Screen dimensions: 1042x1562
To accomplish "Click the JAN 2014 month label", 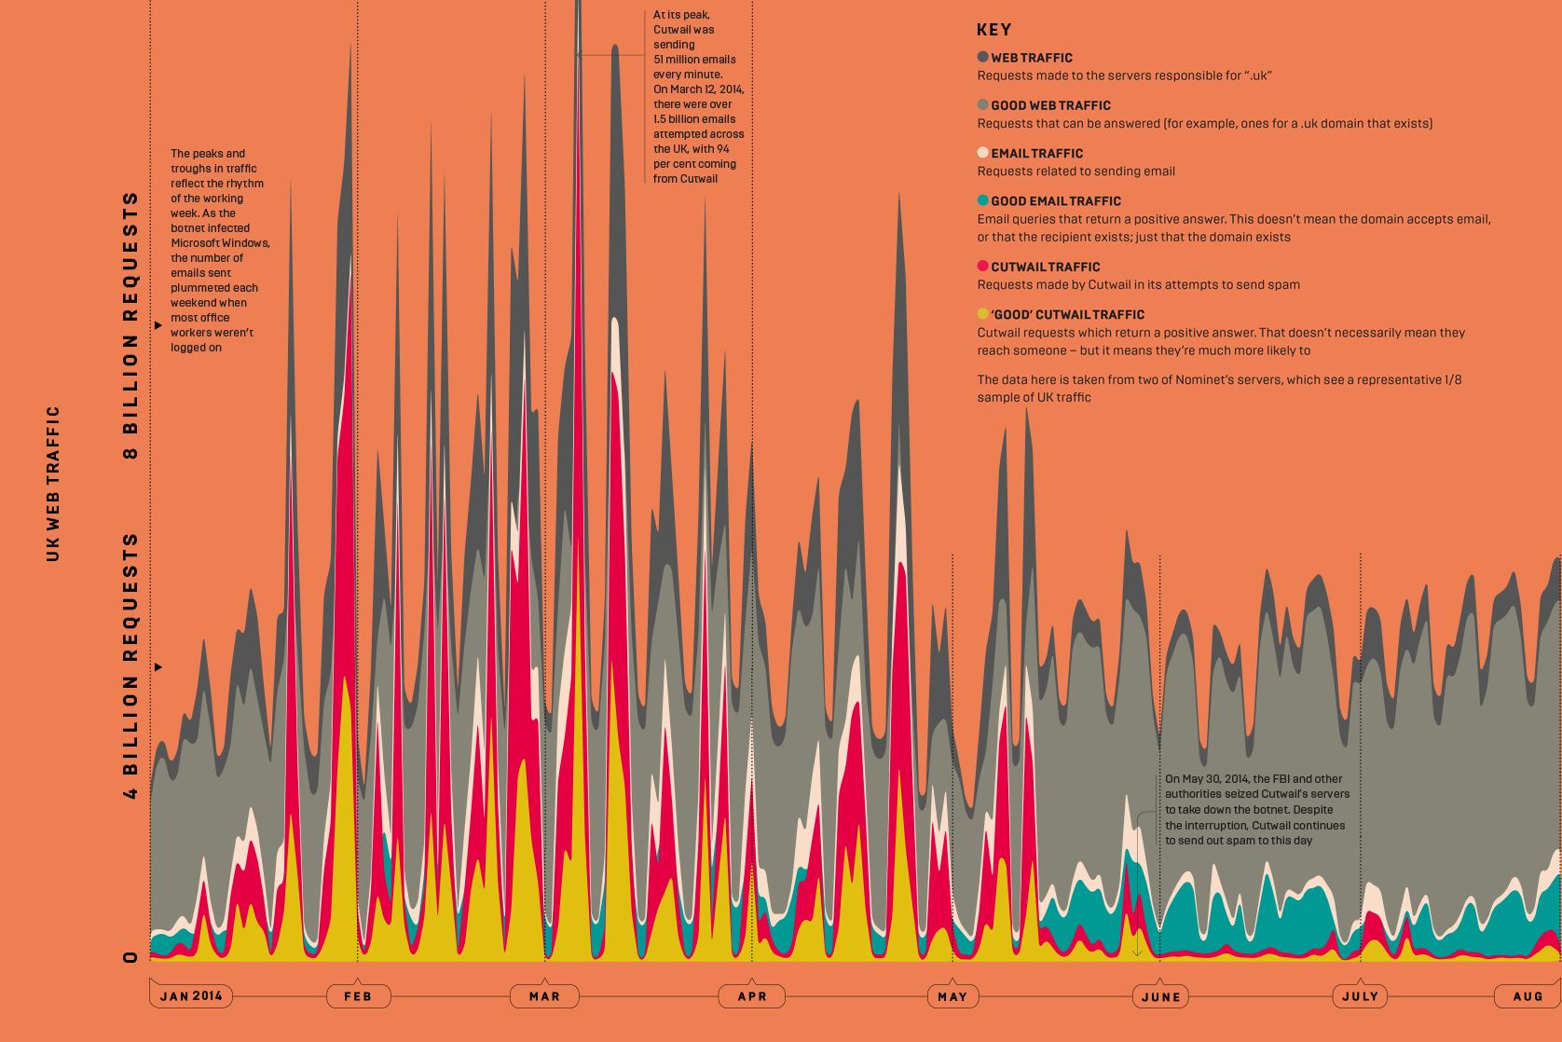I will point(191,995).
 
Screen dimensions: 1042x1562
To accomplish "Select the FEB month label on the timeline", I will point(358,996).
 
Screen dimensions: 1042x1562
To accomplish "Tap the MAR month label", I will point(544,996).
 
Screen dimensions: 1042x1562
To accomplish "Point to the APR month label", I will point(752,996).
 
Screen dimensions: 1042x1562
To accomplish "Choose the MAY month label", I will point(952,996).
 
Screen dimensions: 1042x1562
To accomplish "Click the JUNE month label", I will point(1160,996).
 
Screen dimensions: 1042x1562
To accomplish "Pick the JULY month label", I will point(1360,996).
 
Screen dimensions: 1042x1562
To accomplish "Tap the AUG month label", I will point(1528,996).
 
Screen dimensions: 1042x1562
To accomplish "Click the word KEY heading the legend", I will point(993,30).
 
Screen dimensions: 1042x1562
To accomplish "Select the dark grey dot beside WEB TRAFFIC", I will point(982,57).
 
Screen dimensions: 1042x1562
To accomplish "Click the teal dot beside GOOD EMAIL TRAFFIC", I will point(982,200).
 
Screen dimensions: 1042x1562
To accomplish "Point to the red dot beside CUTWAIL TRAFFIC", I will point(982,267).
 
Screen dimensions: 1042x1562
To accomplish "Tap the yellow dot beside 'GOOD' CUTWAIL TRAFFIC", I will point(982,314).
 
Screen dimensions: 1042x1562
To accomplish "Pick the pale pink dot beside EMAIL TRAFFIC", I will point(982,153).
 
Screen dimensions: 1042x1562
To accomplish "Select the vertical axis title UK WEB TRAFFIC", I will point(53,483).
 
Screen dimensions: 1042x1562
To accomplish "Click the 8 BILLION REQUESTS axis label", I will point(130,325).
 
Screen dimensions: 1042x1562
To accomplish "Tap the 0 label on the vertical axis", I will point(130,957).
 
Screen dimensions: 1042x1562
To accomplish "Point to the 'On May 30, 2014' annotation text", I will point(1255,809).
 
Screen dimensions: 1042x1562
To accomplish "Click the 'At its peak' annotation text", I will point(698,96).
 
